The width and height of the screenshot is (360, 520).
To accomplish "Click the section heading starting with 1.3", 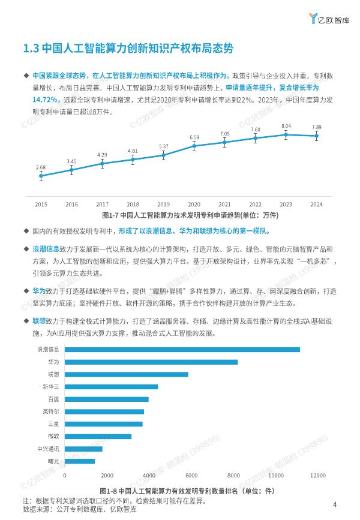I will (127, 49).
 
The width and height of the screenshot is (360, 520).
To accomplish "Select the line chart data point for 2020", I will (194, 146).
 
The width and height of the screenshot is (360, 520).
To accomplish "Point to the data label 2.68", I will (41, 167).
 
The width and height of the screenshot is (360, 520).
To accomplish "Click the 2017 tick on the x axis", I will (102, 205).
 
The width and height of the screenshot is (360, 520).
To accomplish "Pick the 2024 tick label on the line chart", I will (317, 205).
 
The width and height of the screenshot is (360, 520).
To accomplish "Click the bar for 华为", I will (150, 362).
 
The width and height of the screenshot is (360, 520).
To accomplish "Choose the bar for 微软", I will (97, 436).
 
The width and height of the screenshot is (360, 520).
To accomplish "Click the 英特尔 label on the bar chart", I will (50, 411).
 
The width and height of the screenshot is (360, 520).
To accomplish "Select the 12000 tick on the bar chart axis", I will (317, 476).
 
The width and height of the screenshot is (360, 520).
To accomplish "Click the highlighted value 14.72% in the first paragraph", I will (45, 99).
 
